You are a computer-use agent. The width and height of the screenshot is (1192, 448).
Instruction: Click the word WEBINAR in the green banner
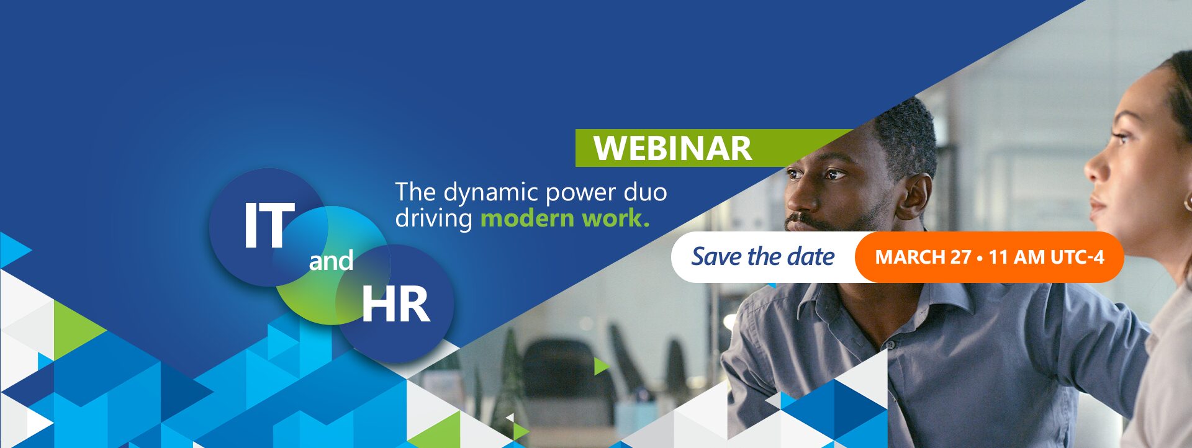pyautogui.click(x=672, y=148)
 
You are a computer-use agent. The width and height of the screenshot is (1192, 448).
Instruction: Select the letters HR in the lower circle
pyautogui.click(x=396, y=305)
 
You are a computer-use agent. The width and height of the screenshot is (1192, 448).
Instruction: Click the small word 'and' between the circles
pyautogui.click(x=331, y=261)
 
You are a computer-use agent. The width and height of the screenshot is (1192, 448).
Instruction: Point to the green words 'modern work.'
pyautogui.click(x=565, y=218)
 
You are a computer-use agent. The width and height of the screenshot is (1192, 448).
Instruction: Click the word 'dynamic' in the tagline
pyautogui.click(x=483, y=193)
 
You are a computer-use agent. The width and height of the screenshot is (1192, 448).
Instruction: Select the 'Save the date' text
pyautogui.click(x=763, y=256)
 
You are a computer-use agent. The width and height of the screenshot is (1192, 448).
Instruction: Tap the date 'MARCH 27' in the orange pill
pyautogui.click(x=923, y=257)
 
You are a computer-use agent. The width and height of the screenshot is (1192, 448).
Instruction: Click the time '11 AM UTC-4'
pyautogui.click(x=1046, y=257)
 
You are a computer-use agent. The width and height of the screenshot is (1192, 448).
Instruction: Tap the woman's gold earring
pyautogui.click(x=1187, y=202)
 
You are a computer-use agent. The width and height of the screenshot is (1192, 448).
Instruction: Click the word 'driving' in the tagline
pyautogui.click(x=434, y=219)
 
